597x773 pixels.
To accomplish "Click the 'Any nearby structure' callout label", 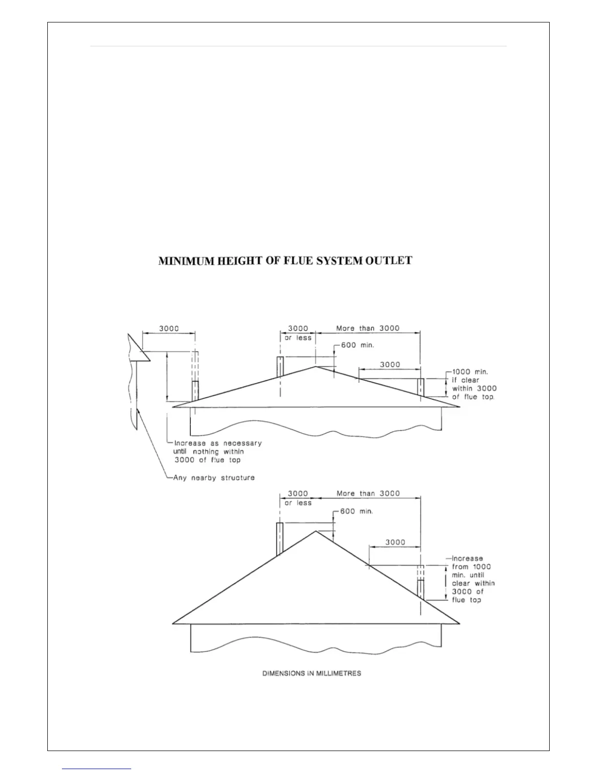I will tap(214, 477).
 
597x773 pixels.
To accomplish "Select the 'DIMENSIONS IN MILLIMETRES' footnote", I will tap(312, 673).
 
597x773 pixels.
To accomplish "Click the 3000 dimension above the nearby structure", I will tap(169, 328).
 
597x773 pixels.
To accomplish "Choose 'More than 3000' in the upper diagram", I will tap(368, 328).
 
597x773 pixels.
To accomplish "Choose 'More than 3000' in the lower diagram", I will tap(368, 493).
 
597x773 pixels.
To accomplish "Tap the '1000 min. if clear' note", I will tap(473, 384).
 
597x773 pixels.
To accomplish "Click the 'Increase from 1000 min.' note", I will tap(472, 579).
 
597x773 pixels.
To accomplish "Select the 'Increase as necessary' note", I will tap(218, 451).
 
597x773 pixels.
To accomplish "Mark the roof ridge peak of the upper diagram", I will tap(316, 366).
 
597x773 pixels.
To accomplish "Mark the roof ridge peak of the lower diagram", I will tap(316, 531).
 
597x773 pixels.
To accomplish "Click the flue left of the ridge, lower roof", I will tap(280, 539).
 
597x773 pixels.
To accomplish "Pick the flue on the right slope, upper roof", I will tap(420, 388).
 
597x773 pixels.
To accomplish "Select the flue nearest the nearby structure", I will tap(195, 390).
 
